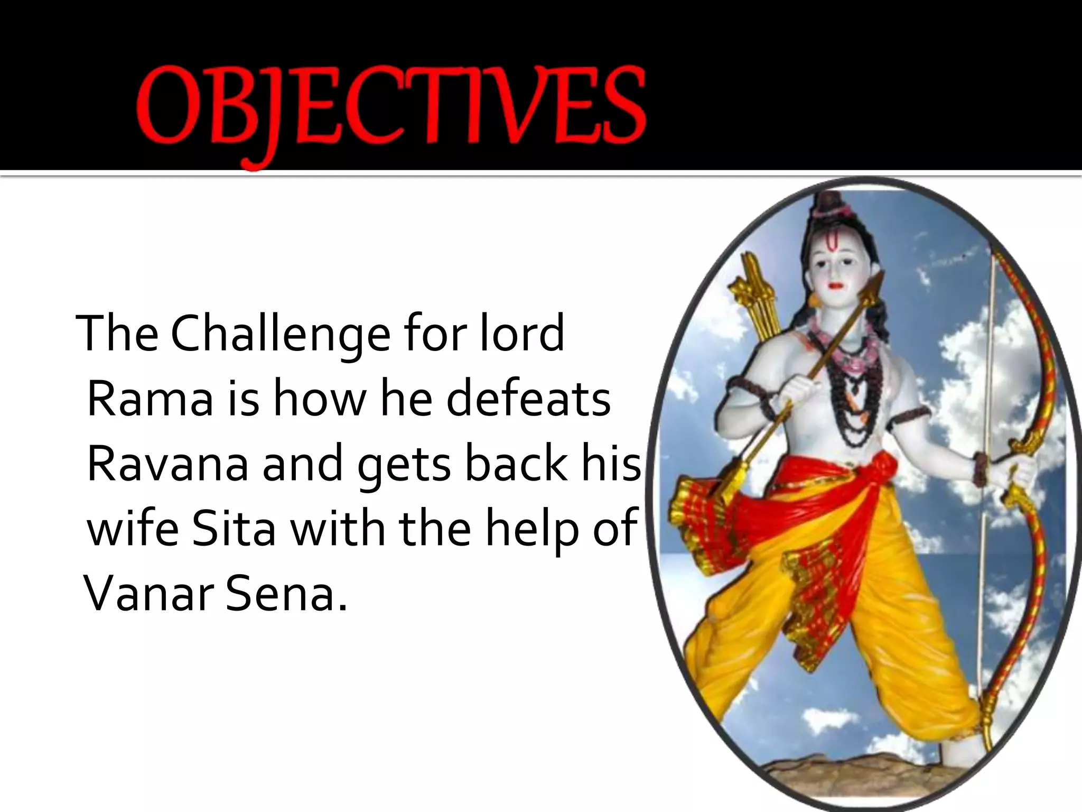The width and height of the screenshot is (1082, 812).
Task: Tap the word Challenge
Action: (280, 334)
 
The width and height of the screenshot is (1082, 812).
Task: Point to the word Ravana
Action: (167, 464)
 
